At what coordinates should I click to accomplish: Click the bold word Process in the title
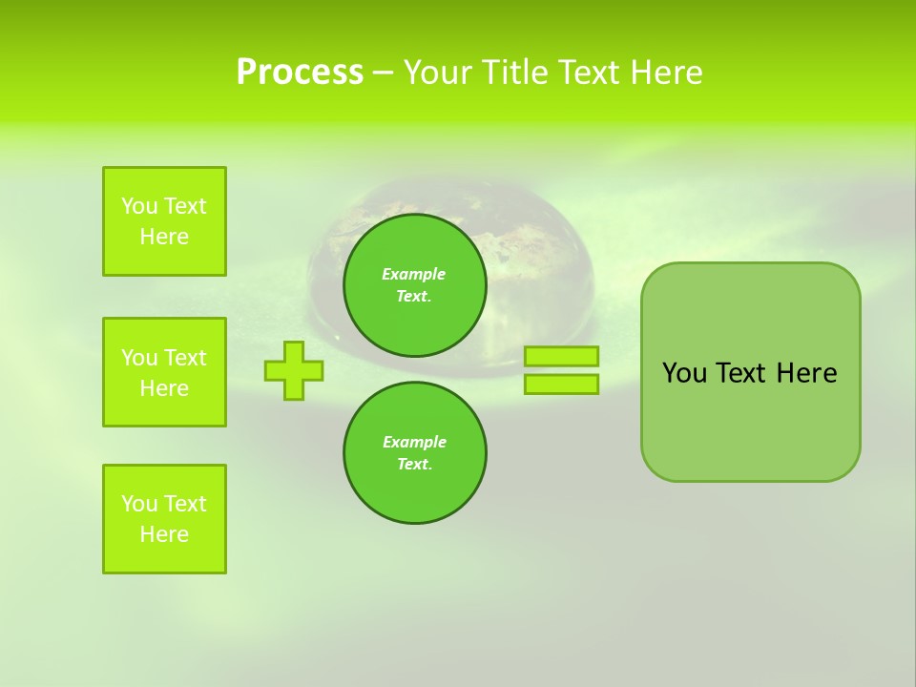tap(300, 73)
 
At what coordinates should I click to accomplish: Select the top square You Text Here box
tap(164, 221)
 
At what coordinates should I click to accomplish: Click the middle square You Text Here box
tap(164, 372)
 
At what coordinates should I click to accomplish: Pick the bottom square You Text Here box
tap(164, 519)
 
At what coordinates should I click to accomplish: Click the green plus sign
tap(294, 370)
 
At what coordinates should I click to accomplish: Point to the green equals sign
tap(561, 370)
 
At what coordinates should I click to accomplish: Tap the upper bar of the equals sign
tap(561, 357)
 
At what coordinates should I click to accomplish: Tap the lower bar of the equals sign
tap(561, 384)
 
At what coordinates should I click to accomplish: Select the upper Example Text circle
tap(414, 284)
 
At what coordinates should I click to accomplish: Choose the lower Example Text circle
tap(414, 452)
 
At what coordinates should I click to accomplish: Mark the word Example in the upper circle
tap(414, 274)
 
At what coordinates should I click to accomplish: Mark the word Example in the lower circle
tap(414, 442)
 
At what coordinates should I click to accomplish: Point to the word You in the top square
tap(138, 206)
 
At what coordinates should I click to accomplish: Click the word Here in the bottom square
tap(164, 534)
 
